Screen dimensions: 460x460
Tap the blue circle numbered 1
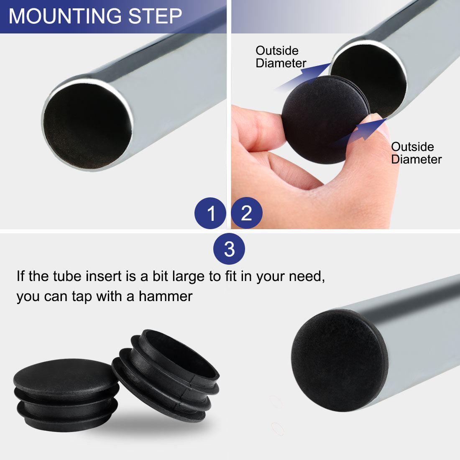tap(210, 213)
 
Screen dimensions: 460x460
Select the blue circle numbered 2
tap(246, 213)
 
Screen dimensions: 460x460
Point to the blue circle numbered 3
tap(229, 249)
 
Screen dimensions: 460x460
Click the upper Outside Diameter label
tap(281, 57)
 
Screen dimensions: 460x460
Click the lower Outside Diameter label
tap(416, 153)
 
